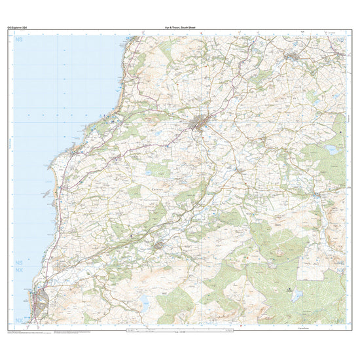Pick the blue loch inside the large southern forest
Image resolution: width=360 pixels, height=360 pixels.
point(297,295)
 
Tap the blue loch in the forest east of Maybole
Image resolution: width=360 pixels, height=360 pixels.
point(331,150)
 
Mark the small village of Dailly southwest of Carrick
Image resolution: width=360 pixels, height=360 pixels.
point(160,245)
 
